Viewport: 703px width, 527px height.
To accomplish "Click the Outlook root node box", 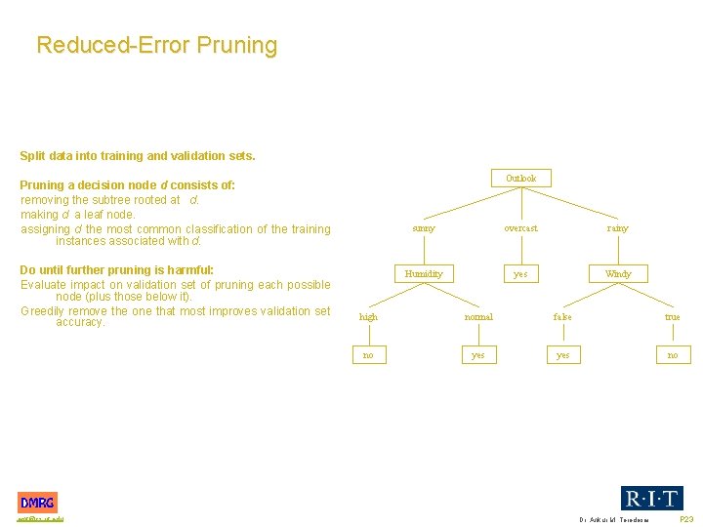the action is (520, 179).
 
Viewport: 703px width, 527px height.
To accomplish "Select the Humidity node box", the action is (424, 274).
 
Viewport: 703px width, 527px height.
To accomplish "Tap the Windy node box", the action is (618, 274).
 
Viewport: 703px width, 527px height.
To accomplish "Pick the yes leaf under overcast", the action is (520, 274).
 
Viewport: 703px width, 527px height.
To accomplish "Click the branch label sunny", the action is (424, 228).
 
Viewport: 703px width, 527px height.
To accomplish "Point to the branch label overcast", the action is (520, 228).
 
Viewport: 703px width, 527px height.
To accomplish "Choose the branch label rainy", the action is (618, 228).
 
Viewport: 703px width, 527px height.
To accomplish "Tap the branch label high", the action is (368, 317).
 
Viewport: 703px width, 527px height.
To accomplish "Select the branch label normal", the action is (478, 317).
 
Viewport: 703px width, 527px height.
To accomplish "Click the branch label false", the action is (562, 317).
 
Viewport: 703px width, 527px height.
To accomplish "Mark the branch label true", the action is (673, 317).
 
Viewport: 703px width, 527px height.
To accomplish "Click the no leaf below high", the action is (368, 355).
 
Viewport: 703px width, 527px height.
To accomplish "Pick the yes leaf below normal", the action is (478, 355).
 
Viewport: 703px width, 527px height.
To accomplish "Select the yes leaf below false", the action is (562, 355).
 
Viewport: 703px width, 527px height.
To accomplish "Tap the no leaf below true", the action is (673, 355).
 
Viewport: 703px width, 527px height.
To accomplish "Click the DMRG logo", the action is (37, 503).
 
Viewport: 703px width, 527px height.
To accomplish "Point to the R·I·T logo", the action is (652, 498).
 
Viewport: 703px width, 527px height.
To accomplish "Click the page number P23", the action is (686, 520).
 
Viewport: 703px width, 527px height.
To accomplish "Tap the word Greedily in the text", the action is (43, 311).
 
